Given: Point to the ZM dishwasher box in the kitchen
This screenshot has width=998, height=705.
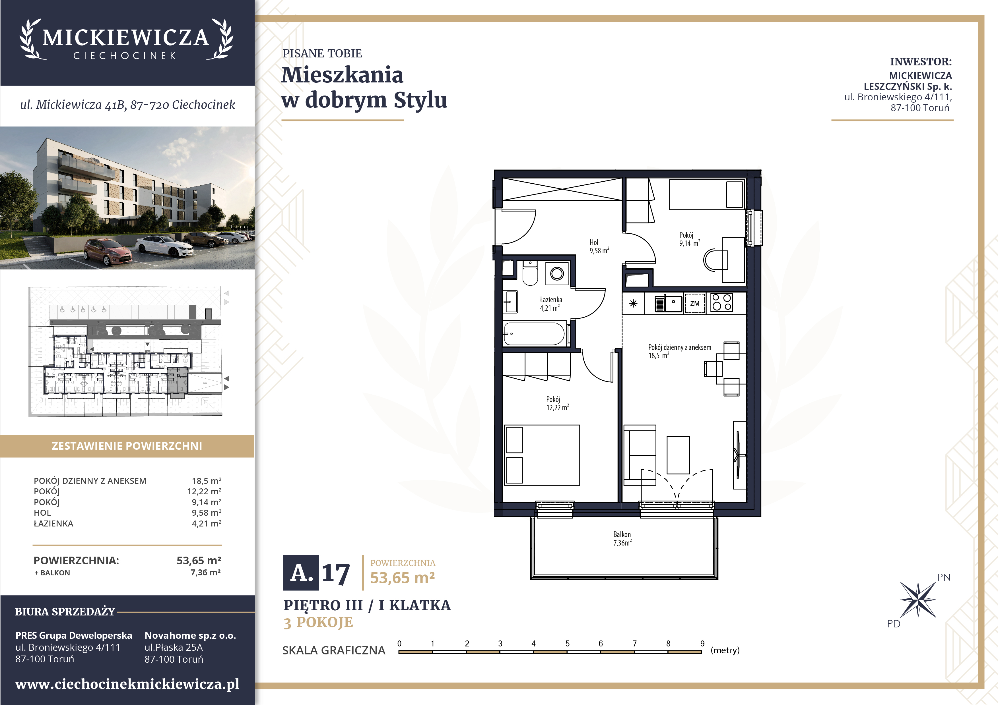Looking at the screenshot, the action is (695, 303).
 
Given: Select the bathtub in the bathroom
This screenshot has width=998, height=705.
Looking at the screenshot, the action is (535, 334).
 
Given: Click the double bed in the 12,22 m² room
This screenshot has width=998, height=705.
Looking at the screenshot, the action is (542, 455).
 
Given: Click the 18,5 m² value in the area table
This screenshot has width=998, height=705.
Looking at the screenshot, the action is (207, 481).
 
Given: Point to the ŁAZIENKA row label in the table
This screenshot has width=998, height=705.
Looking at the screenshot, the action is (53, 523).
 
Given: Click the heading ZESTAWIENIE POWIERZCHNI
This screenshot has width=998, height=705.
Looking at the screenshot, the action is (127, 446).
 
